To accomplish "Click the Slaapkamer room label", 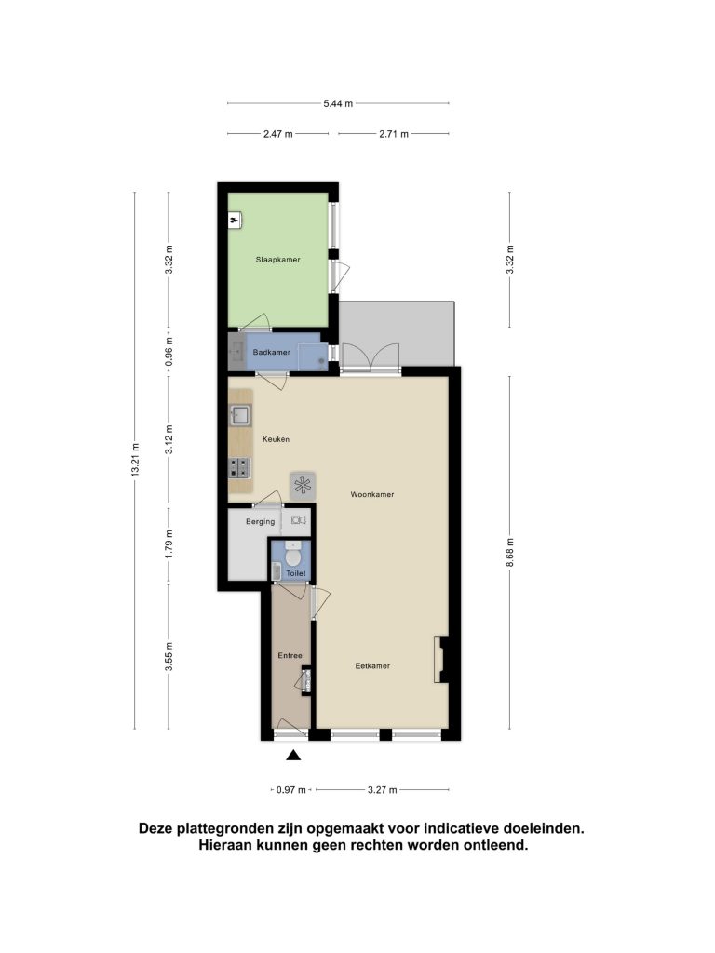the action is click(277, 260).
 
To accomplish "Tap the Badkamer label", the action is click(272, 352).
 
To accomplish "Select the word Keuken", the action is click(276, 439).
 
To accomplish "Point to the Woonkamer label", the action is click(372, 495).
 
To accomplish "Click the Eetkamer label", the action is click(372, 666).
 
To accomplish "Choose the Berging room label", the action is click(261, 521).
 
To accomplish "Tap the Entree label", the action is click(290, 656).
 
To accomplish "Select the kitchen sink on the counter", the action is click(240, 415).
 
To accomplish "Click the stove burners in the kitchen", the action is click(239, 468).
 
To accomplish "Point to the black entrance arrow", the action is click(293, 756).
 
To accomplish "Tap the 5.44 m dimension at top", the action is click(338, 104).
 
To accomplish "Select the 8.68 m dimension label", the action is click(510, 553).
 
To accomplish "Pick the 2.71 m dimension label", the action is click(394, 134).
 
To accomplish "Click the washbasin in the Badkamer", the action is click(236, 351).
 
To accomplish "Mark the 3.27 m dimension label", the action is click(383, 790).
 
